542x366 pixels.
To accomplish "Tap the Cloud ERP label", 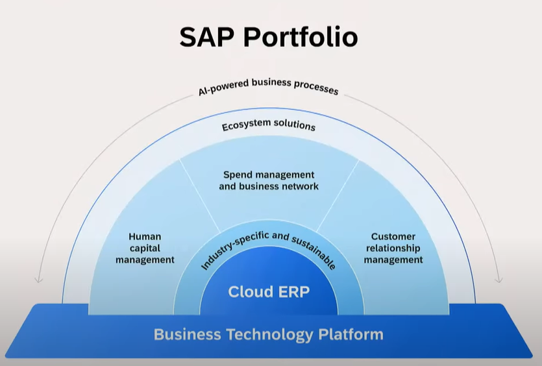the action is pos(269,291).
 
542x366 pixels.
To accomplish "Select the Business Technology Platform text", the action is pos(269,334).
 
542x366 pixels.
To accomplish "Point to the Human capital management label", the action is pos(145,248).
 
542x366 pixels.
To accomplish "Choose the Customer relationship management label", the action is pos(393,248).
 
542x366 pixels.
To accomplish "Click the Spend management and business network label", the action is pos(269,180).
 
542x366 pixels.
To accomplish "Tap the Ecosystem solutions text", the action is pos(269,125).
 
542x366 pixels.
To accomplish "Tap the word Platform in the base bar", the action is pos(351,335).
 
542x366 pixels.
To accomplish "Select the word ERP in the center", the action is pos(293,291).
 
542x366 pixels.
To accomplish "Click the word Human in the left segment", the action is pos(145,237).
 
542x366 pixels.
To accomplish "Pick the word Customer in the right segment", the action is pos(393,237).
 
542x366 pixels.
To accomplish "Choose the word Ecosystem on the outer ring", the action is pos(246,126).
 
